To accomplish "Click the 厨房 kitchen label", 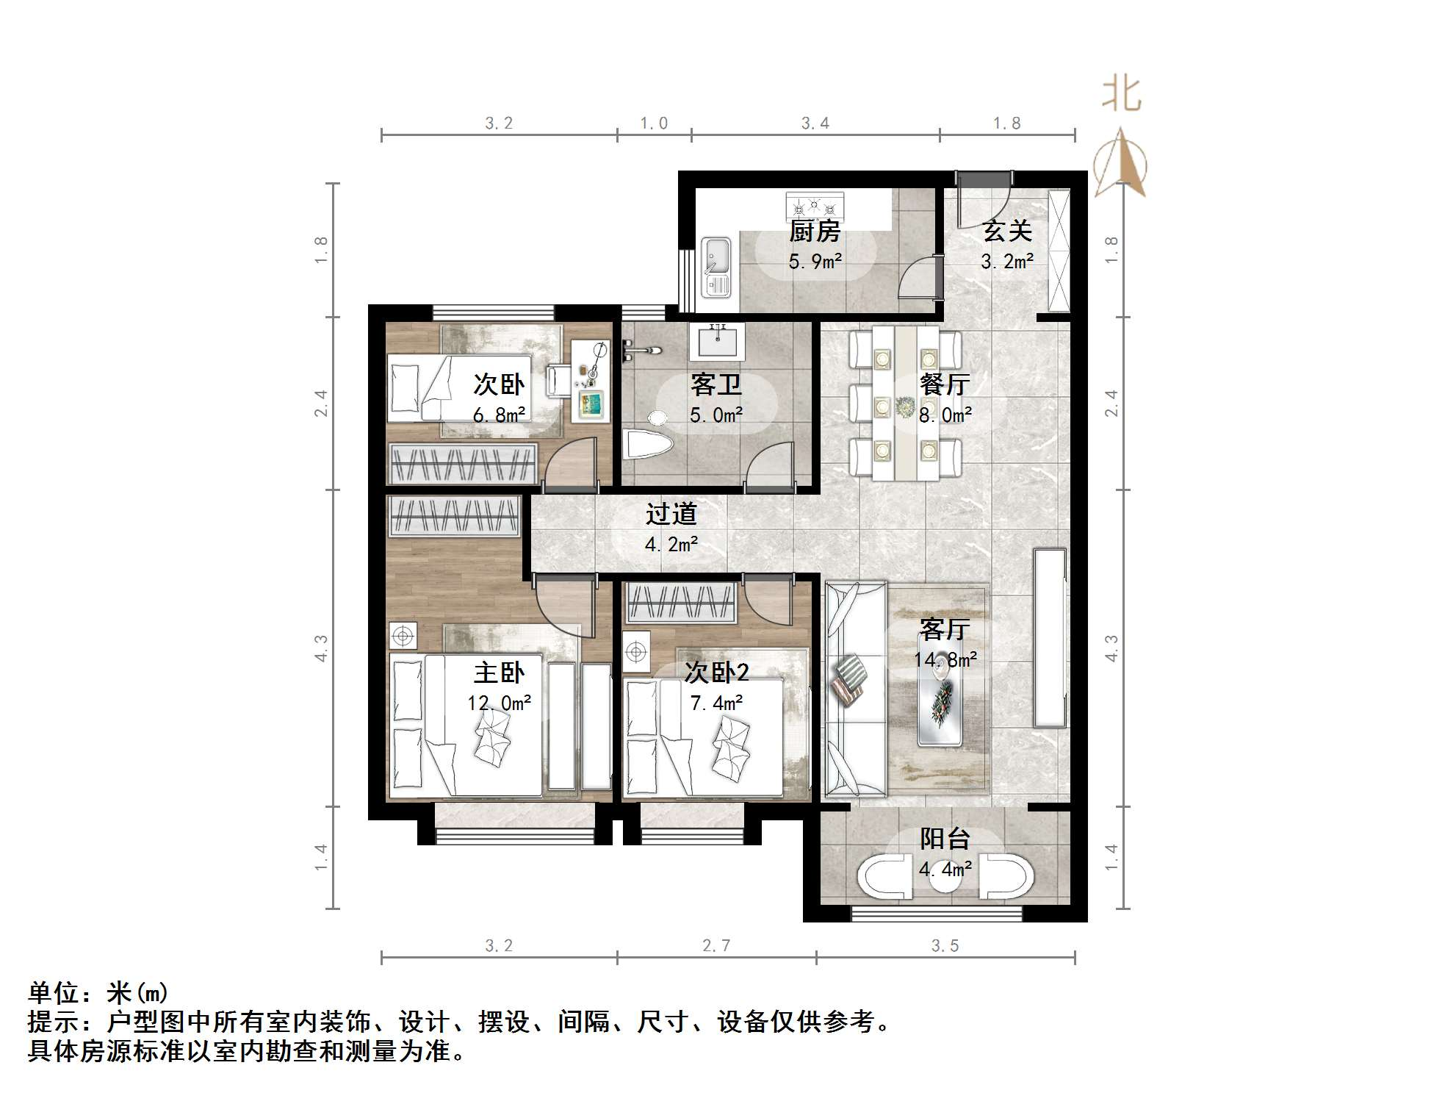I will coord(814,232).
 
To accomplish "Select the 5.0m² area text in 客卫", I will coord(716,415).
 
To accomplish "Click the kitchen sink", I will coord(715,267).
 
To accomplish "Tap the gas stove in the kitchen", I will coord(814,205).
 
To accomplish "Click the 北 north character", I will coord(1121,95).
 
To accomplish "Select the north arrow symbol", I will coord(1120,163).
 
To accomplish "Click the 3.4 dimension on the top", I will coord(815,123).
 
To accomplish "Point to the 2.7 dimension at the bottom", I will coord(716,946).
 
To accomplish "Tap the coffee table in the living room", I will coord(940,700).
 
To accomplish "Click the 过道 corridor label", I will coord(671,514).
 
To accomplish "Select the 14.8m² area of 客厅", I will coord(945,659).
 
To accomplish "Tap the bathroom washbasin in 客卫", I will coord(716,342).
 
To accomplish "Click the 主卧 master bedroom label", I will coord(499,673).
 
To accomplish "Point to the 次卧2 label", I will coord(716,673).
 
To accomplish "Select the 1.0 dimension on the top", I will coord(653,123).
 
